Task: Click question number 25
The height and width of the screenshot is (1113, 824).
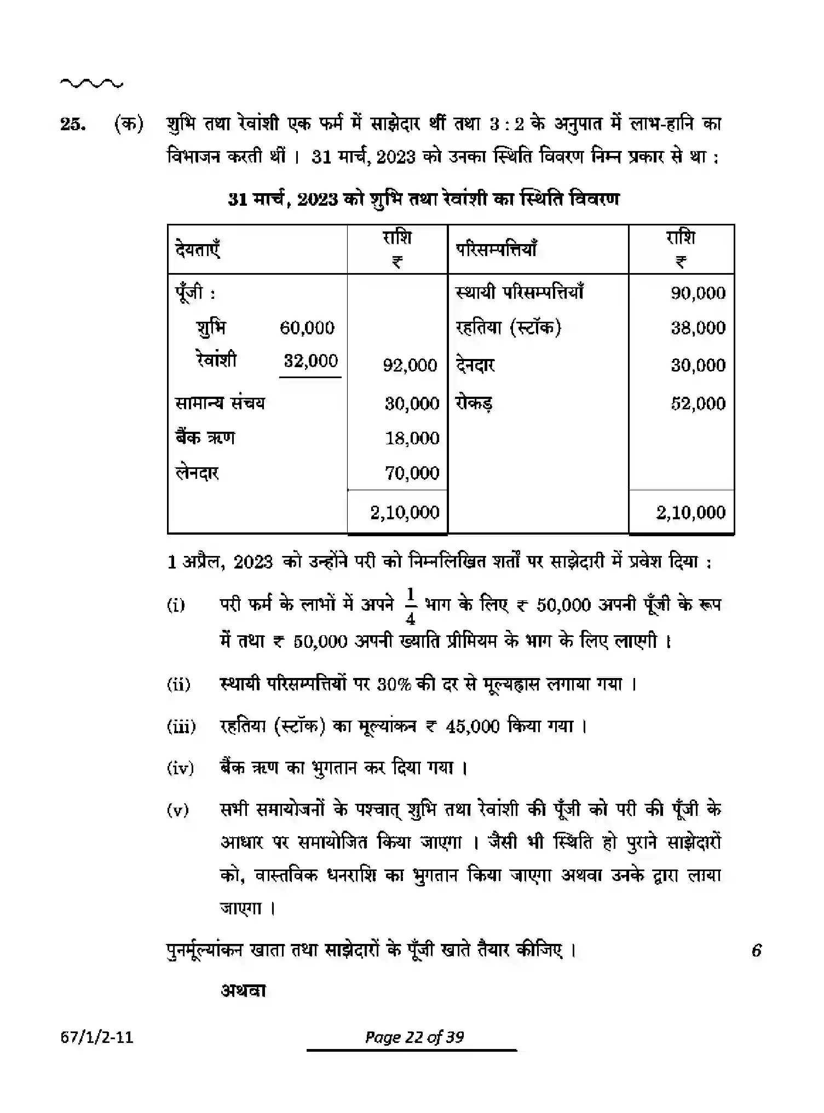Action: coord(72,125)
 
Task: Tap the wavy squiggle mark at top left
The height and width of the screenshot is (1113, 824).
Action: coord(91,84)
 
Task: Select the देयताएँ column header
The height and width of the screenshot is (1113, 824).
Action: coord(198,250)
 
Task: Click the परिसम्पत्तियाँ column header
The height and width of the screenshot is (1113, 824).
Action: coord(497,249)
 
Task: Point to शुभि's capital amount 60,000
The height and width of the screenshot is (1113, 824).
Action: coord(307,328)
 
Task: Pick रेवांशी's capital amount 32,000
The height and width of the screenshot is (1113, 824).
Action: coord(310,361)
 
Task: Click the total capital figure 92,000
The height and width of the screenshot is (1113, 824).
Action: coord(410,365)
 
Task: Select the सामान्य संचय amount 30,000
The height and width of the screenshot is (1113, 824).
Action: coord(412,404)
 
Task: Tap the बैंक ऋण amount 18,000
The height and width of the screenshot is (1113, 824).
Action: coord(412,438)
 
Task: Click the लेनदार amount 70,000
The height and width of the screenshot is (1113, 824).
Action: coord(412,473)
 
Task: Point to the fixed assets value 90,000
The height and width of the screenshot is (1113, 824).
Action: coord(698,293)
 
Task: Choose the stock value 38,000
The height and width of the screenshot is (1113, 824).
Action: coord(698,328)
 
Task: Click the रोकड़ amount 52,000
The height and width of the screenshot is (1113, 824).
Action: coord(698,404)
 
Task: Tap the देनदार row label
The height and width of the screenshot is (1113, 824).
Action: coord(475,365)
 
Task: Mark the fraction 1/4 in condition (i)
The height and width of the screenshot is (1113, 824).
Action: coord(411,606)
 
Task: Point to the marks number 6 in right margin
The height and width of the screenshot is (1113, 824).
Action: coord(756,950)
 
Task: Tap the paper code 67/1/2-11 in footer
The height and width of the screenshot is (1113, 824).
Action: coord(97,1037)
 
